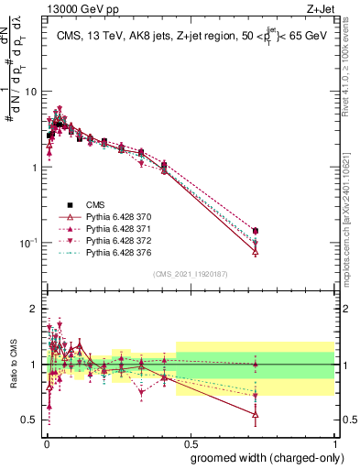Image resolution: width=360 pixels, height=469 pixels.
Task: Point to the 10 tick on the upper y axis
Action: [33, 92]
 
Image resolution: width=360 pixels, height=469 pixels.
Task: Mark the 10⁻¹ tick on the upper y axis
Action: [31, 243]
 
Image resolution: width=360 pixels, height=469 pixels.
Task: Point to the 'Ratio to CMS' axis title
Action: [12, 365]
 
